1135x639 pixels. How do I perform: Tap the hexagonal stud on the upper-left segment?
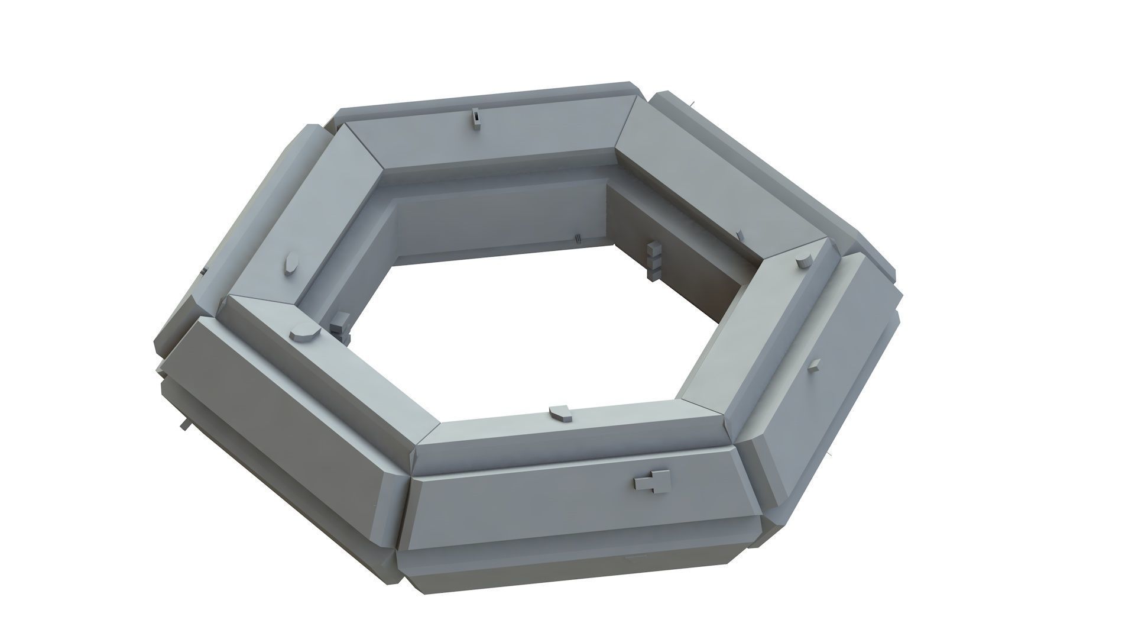pyautogui.click(x=290, y=264)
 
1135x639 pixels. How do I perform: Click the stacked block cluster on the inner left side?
pyautogui.click(x=340, y=324)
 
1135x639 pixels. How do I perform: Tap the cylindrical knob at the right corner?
pyautogui.click(x=802, y=262)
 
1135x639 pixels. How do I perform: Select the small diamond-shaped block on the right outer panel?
pyautogui.click(x=814, y=366)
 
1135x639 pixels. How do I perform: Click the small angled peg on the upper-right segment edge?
pyautogui.click(x=740, y=235)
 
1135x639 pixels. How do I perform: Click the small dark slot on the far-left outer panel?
pyautogui.click(x=203, y=271)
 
